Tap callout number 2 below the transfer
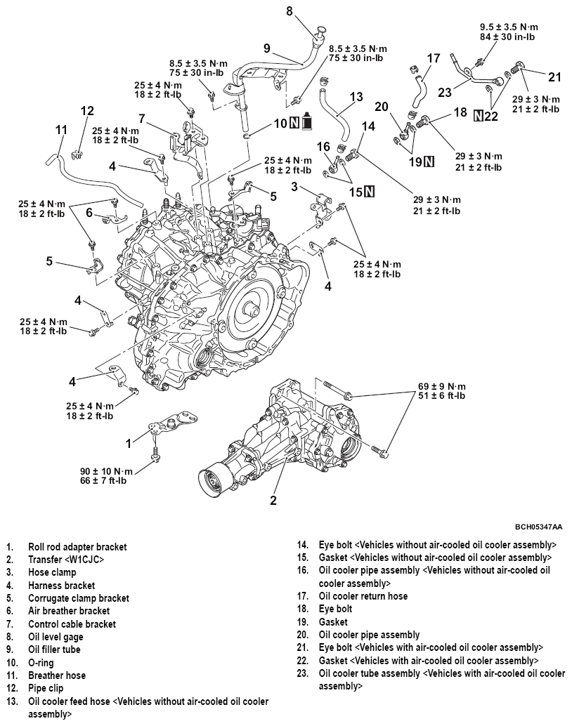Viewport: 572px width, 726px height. pos(273,501)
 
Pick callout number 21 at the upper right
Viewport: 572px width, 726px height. pos(555,77)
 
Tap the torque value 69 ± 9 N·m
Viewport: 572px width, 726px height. pos(442,386)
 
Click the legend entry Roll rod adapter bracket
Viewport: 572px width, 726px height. pos(77,546)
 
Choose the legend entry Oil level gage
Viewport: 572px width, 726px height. pos(56,637)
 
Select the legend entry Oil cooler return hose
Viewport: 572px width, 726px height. pos(363,596)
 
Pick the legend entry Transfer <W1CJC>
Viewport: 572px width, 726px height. pos(66,560)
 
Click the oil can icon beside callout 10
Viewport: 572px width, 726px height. pos(306,124)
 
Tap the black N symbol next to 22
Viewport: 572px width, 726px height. pos(479,116)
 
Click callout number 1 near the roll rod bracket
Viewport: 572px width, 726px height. pos(128,443)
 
